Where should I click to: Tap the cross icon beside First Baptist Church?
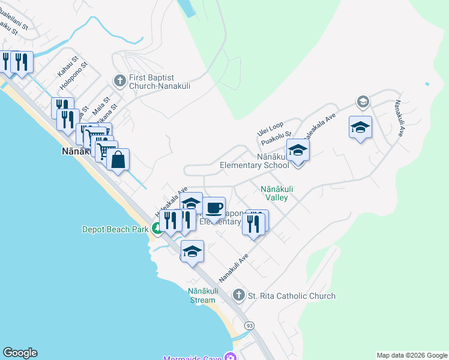click(x=119, y=80)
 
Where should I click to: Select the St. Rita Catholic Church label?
click(x=292, y=296)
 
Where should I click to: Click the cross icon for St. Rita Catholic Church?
click(x=239, y=295)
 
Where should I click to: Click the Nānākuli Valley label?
click(x=274, y=193)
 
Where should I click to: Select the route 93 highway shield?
click(x=249, y=325)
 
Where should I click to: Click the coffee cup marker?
click(x=214, y=209)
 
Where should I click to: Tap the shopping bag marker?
click(x=118, y=160)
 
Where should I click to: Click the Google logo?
click(x=20, y=353)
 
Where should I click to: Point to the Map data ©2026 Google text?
click(x=412, y=355)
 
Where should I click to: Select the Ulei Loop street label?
click(x=270, y=128)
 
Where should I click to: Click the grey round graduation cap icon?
click(x=363, y=101)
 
